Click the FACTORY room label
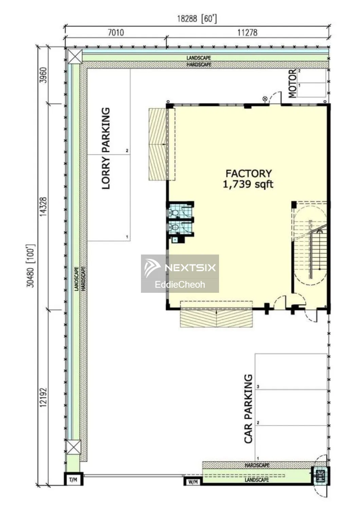coord(248,174)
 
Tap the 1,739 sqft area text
coord(248,184)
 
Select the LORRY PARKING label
coord(106,148)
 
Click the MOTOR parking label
coord(292,83)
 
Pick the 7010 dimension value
coord(116,33)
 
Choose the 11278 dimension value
coord(248,33)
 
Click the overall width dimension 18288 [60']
coord(197,19)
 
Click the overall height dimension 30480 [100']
coord(31,266)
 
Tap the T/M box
coord(73,480)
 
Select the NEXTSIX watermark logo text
coord(190,268)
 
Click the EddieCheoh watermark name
coord(180,284)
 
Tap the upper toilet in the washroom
coord(174,213)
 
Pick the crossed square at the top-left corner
coord(75,57)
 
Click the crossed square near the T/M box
coord(73,447)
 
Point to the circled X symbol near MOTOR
coord(265,99)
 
